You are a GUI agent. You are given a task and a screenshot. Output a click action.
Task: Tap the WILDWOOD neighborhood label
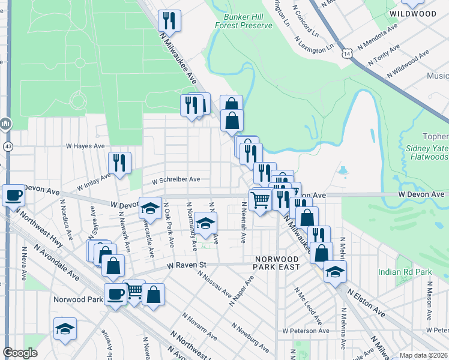tap(412, 13)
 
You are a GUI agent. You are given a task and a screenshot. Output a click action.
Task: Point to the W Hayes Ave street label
tap(85, 146)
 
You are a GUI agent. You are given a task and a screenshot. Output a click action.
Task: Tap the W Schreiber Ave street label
tap(175, 179)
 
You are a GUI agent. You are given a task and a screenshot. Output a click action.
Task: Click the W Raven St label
tap(187, 265)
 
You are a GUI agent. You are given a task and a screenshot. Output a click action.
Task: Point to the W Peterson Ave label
tap(306, 331)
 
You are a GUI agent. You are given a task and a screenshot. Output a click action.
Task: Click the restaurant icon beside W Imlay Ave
tap(119, 162)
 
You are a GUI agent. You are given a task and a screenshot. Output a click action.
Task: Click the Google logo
tap(20, 353)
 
